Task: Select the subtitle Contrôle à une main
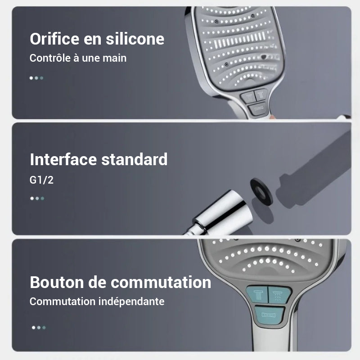(x=78, y=58)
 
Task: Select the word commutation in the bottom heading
(x=161, y=282)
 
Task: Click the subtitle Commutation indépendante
(x=97, y=301)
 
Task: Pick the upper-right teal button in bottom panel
(x=280, y=295)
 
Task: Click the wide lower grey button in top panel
(x=257, y=108)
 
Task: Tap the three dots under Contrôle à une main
(x=36, y=78)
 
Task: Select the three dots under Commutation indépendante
(x=38, y=328)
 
